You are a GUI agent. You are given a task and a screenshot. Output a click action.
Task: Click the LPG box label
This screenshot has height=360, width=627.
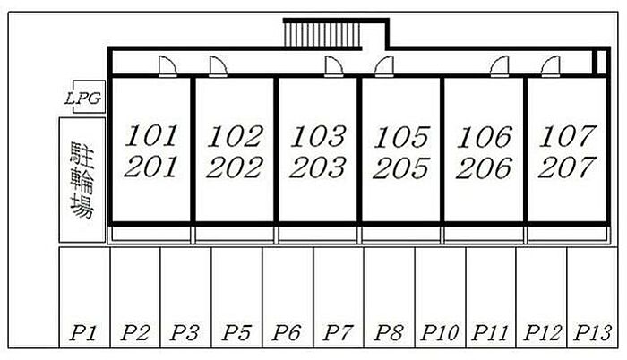pos(83,98)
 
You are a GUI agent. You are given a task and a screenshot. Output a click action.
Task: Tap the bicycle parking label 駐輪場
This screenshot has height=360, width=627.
pos(82,180)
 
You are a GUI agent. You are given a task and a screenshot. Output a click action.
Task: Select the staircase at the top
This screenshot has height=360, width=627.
pos(322,35)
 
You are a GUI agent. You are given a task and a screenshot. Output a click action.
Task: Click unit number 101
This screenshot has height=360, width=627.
pos(150,136)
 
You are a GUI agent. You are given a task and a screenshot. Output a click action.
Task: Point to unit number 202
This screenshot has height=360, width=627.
pos(235,167)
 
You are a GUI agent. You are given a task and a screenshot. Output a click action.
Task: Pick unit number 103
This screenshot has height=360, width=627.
pos(318,136)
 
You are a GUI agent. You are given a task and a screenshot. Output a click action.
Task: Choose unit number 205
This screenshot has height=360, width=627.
pos(401,168)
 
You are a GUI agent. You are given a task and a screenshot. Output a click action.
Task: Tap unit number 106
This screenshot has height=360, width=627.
pos(485,137)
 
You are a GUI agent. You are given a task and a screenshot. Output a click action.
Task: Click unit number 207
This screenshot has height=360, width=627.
pos(567,167)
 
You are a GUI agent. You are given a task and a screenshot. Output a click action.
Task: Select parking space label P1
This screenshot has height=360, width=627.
pos(83,333)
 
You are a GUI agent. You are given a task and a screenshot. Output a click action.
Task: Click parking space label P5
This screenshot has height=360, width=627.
pos(236,333)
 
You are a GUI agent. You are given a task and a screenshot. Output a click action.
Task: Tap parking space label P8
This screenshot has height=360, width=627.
pos(388,333)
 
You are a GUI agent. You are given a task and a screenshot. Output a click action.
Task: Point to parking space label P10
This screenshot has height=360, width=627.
pos(440,333)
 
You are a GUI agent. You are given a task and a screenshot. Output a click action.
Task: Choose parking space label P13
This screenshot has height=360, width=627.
pos(592,333)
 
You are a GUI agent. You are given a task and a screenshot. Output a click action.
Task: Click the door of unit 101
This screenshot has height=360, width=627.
pos(167,66)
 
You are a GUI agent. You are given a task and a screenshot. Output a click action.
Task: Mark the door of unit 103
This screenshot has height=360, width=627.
pos(334,66)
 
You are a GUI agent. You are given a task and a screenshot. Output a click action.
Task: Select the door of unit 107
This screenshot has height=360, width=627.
pos(551,66)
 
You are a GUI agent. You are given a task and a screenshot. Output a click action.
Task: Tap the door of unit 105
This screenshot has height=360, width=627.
pos(384,66)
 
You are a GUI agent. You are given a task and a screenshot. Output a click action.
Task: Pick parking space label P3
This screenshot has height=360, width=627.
pos(185,333)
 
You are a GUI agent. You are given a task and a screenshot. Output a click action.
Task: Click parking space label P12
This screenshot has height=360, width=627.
pos(542,333)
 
